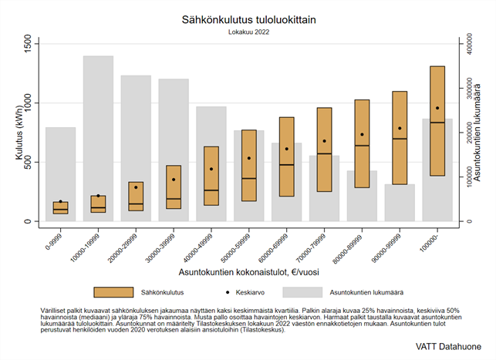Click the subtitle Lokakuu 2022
248,32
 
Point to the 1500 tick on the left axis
29,44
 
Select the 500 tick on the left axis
29,163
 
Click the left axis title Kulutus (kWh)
18,133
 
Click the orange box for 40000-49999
211,176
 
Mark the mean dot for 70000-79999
324,141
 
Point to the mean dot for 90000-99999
400,128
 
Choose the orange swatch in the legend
113,293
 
